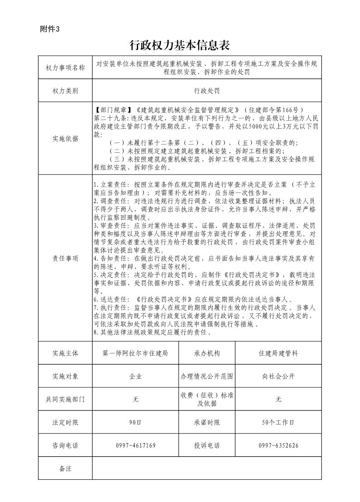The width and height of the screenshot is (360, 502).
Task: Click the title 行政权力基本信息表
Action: [180, 45]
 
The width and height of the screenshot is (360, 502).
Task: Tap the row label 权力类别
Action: [65, 91]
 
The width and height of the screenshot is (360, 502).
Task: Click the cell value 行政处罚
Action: [207, 91]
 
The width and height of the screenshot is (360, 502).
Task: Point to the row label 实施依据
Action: [65, 139]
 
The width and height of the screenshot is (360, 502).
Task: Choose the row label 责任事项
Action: [65, 258]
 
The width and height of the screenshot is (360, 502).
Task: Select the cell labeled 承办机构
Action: [207, 353]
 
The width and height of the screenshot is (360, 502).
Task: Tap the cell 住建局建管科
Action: [278, 353]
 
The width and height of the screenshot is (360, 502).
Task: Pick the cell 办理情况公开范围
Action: [207, 376]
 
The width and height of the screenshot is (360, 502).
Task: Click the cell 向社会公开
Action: [278, 376]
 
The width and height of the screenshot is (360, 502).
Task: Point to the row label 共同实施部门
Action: [65, 400]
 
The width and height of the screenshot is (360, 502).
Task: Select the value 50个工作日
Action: [278, 423]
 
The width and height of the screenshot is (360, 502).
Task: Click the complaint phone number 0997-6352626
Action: [278, 446]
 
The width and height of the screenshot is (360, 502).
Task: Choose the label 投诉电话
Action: [207, 446]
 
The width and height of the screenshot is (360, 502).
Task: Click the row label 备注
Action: [65, 468]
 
